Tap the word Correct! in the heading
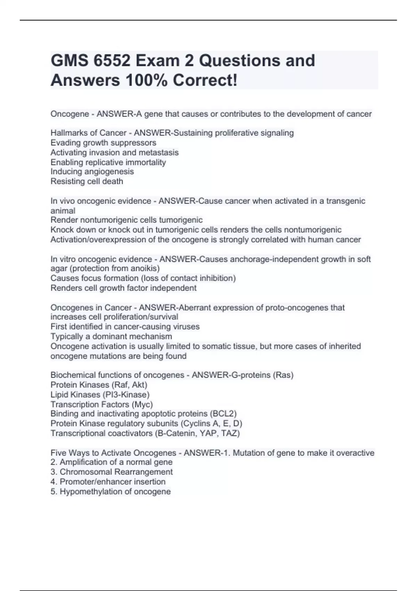pyautogui.click(x=205, y=80)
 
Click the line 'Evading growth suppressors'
pyautogui.click(x=103, y=143)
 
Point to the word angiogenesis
pyautogui.click(x=112, y=171)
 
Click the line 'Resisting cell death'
pyautogui.click(x=87, y=181)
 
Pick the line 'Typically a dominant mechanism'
pyautogui.click(x=111, y=336)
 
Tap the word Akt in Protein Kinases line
pyautogui.click(x=139, y=385)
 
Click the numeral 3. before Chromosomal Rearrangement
pyautogui.click(x=54, y=472)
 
